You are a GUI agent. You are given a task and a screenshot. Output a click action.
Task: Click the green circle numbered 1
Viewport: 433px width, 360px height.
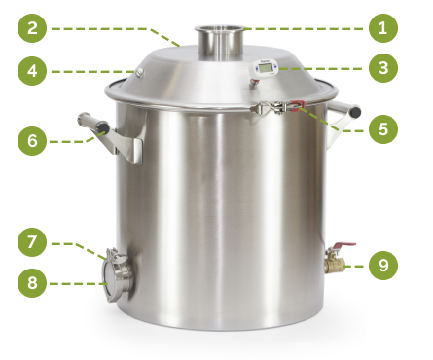pyautogui.click(x=383, y=28)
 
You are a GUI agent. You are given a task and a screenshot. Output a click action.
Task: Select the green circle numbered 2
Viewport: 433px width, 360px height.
pyautogui.click(x=32, y=28)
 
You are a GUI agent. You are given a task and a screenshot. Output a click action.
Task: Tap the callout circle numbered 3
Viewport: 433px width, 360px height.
pyautogui.click(x=383, y=68)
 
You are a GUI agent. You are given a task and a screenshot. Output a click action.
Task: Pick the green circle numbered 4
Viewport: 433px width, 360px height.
pyautogui.click(x=32, y=71)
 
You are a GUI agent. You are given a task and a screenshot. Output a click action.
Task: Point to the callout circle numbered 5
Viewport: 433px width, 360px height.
pyautogui.click(x=383, y=129)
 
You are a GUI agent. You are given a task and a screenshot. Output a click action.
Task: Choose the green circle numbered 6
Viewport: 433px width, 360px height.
pyautogui.click(x=32, y=141)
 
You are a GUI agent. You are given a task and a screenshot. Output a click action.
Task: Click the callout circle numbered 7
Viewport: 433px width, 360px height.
pyautogui.click(x=32, y=242)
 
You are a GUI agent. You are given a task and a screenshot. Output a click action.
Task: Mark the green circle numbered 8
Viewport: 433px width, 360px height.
pyautogui.click(x=32, y=283)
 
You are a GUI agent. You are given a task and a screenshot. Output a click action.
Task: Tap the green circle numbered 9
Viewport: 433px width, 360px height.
pyautogui.click(x=383, y=266)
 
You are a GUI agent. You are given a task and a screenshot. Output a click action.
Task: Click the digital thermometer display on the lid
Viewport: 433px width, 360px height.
pyautogui.click(x=266, y=68)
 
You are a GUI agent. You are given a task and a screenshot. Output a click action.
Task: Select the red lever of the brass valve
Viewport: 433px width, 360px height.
pyautogui.click(x=344, y=245)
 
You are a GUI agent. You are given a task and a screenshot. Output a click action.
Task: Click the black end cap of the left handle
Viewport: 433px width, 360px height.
pyautogui.click(x=103, y=126)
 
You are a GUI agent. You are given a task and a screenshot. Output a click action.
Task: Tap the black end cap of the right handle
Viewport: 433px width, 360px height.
pyautogui.click(x=355, y=111)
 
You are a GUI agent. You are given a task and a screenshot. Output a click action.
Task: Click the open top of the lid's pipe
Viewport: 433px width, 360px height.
pyautogui.click(x=219, y=28)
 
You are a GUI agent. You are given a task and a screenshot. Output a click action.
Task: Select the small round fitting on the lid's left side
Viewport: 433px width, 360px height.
pyautogui.click(x=140, y=72)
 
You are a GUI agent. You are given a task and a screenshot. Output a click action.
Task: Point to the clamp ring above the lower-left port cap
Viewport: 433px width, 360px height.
pyautogui.click(x=114, y=254)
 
